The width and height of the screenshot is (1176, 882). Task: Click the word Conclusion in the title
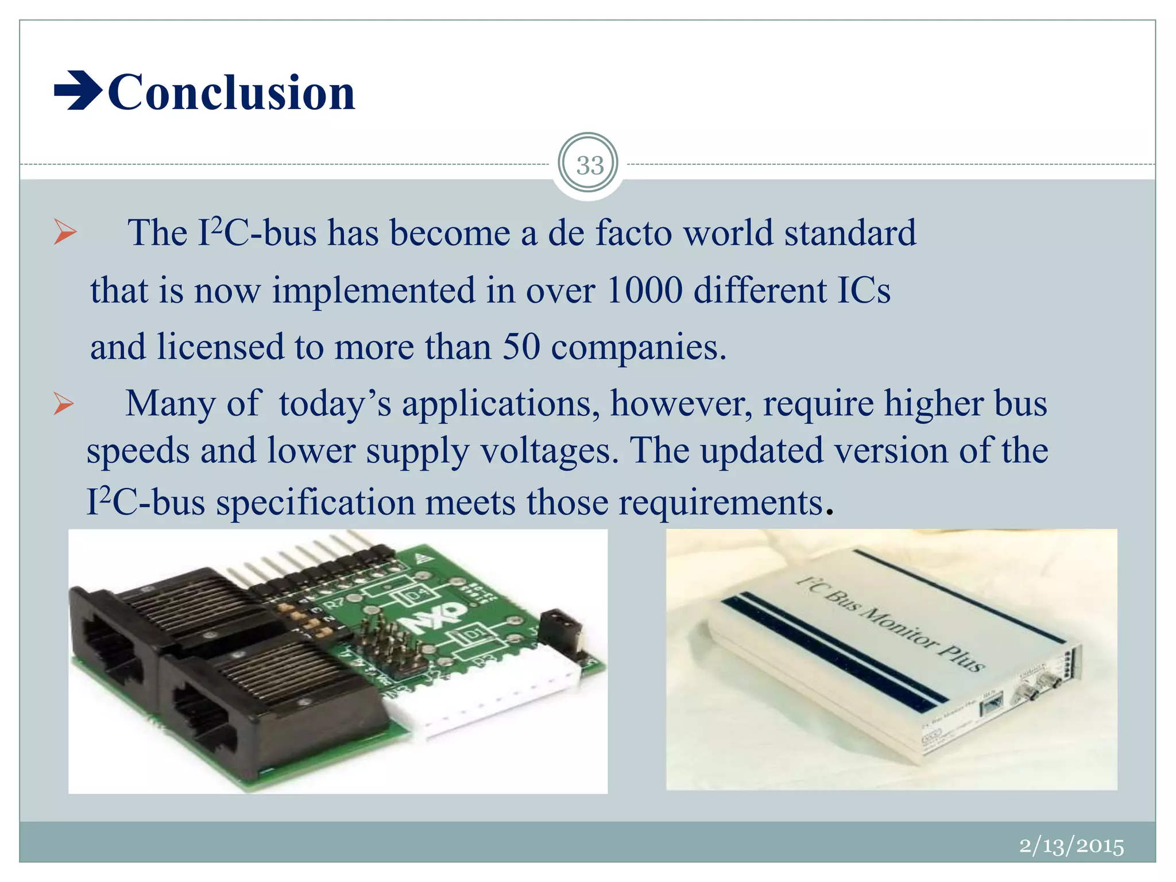[231, 92]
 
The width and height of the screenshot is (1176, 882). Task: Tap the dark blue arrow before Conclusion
[78, 90]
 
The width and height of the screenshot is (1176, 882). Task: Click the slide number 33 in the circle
[589, 166]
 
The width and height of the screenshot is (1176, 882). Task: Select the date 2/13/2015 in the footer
[1071, 846]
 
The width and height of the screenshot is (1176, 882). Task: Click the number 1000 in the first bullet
[644, 290]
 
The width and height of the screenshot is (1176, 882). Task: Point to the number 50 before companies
[521, 347]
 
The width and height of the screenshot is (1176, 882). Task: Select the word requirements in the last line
[721, 502]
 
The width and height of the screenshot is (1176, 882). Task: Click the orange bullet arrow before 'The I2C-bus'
[65, 233]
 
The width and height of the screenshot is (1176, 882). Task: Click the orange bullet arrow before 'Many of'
[64, 404]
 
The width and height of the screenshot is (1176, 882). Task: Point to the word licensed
[220, 347]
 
